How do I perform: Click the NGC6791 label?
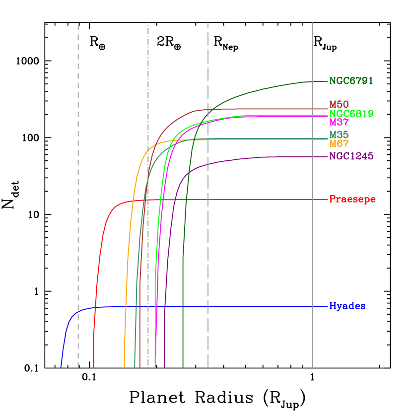coord(351,81)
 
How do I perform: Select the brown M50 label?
coord(339,105)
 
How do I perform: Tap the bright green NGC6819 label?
coord(351,114)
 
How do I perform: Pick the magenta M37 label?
coord(339,122)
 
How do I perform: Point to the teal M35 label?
coord(339,135)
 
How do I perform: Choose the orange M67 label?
coord(339,143)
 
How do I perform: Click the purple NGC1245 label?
coord(351,156)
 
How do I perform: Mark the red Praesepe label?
coord(352,200)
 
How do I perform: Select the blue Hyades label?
coord(347,306)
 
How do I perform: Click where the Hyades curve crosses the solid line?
coord(312,306)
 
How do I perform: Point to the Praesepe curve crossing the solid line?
coord(312,200)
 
